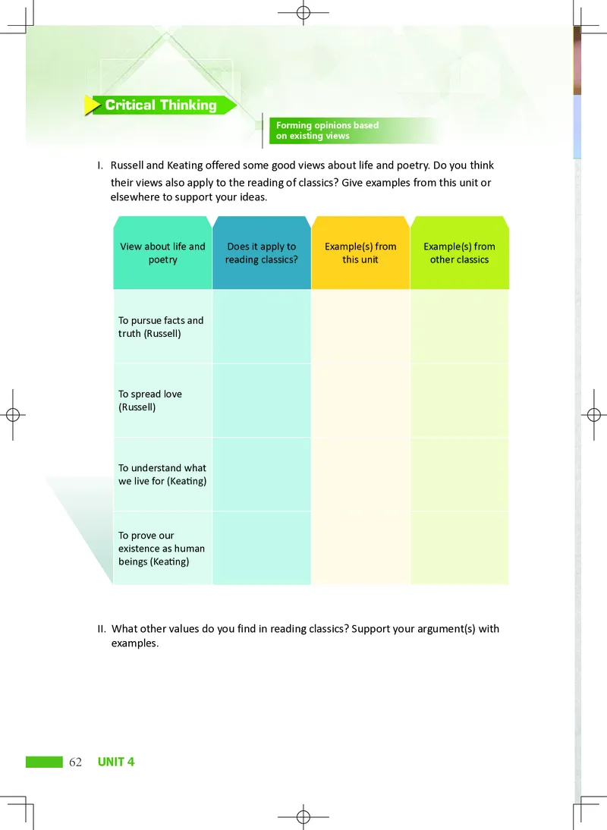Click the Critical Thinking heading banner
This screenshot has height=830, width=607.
[x=160, y=105]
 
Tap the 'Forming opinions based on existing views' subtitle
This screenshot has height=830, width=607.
[x=327, y=130]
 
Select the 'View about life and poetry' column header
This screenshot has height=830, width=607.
[x=162, y=253]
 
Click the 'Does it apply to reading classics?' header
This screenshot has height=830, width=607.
[x=261, y=253]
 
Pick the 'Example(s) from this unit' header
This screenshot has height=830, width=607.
[x=360, y=253]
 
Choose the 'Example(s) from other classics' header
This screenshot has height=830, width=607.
[x=459, y=253]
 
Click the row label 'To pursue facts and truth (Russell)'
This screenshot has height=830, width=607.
[x=161, y=327]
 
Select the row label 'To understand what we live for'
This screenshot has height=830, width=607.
[x=162, y=474]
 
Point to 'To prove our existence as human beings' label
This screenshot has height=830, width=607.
[x=161, y=549]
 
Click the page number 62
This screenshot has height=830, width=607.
[x=75, y=762]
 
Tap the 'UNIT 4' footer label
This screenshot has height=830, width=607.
[x=116, y=762]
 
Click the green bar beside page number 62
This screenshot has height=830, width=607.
[x=44, y=762]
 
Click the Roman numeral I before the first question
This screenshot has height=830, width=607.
[x=99, y=165]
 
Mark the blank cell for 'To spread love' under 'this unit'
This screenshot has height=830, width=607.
[x=360, y=401]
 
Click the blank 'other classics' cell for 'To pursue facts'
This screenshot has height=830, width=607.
[x=459, y=327]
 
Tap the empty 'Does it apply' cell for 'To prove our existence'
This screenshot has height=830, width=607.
[x=261, y=549]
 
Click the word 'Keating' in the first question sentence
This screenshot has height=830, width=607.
[x=184, y=165]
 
